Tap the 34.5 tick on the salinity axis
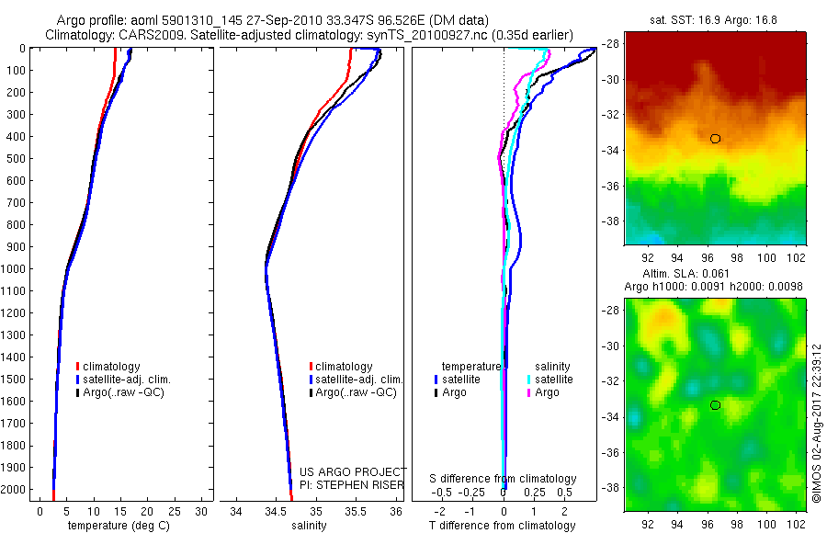(x=276, y=510)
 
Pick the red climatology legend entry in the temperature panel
(x=109, y=367)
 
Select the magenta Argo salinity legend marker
(x=529, y=393)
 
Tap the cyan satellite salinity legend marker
(x=529, y=380)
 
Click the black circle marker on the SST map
(x=715, y=139)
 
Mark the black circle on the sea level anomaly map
(x=715, y=405)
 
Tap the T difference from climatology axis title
(x=504, y=526)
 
